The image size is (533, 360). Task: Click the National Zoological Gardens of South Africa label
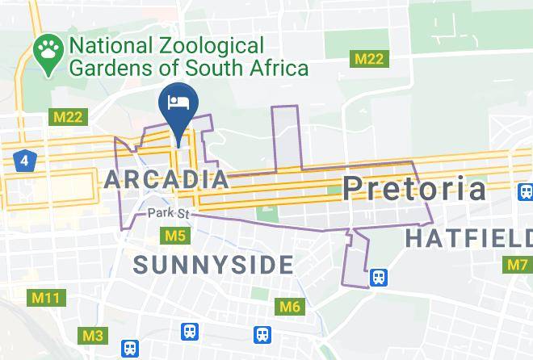coord(189,57)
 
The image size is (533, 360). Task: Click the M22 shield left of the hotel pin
coord(68,117)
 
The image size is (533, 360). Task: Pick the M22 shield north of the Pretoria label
coord(367,59)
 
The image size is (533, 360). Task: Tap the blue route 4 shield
coord(24,161)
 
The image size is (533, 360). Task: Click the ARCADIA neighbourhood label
coord(166,179)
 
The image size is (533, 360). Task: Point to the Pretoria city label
coord(414,189)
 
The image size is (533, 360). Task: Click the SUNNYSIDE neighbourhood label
coord(213,264)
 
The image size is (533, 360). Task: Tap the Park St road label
coord(168,214)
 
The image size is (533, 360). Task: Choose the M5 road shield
coord(175,236)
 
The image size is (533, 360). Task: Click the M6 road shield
coord(289,306)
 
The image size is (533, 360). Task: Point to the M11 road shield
coord(45,299)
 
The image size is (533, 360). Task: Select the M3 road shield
coord(93,335)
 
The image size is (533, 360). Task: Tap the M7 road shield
coord(518,264)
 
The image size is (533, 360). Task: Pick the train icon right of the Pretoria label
coord(525,192)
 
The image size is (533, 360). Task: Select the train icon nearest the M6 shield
coord(262,333)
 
